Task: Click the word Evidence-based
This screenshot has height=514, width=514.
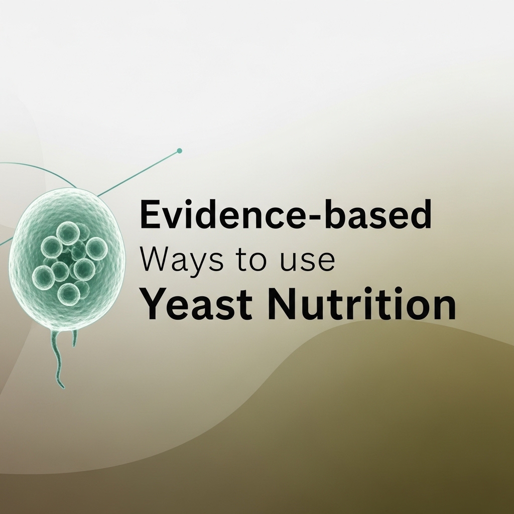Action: pyautogui.click(x=285, y=214)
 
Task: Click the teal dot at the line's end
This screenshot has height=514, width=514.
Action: pyautogui.click(x=179, y=151)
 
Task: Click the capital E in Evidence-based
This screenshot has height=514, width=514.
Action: pyautogui.click(x=150, y=214)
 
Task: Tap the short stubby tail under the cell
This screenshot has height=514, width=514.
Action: pyautogui.click(x=75, y=338)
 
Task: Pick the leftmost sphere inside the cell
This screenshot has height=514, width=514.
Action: pyautogui.click(x=43, y=276)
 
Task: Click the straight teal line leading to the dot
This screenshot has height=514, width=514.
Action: pyautogui.click(x=138, y=173)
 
